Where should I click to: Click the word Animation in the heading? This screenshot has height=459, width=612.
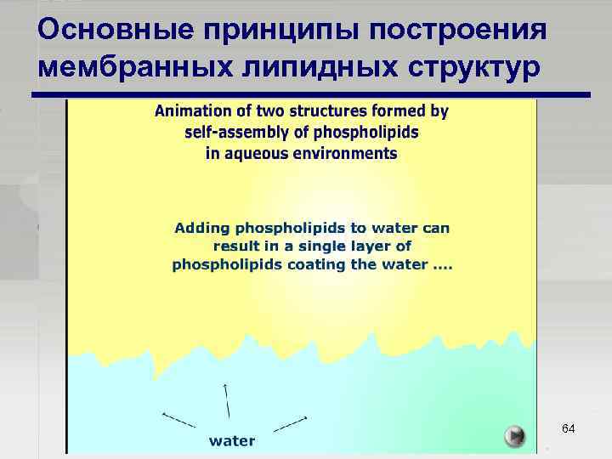coord(190,110)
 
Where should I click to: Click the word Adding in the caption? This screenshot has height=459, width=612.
coord(202,228)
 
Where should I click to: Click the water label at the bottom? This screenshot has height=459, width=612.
coord(232,440)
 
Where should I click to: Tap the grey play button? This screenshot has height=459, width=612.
coord(514,436)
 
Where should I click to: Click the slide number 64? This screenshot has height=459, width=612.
coord(569,429)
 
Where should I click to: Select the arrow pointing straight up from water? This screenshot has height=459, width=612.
coord(226,400)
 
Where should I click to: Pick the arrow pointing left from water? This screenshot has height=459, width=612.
coord(178,419)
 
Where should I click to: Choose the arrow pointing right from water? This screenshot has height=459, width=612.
coord(291,422)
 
